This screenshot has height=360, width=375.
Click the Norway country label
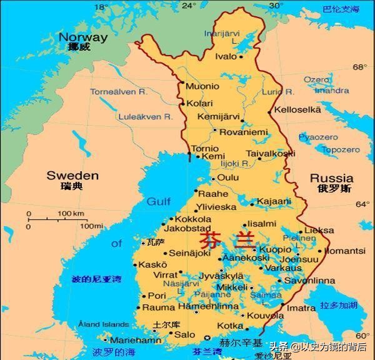coord(82,37)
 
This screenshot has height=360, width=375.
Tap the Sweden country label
coord(72,176)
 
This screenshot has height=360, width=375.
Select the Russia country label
coord(331,178)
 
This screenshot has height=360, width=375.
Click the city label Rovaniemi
coord(243,132)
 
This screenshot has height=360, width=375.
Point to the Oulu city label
coord(228,178)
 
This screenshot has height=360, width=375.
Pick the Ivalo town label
coord(226,57)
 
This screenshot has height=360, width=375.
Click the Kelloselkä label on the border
coord(298,110)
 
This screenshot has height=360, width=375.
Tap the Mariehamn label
coord(135,340)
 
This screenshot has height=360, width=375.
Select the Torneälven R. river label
coord(118,92)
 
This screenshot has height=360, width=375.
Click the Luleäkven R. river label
coord(144,117)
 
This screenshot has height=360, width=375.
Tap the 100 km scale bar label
coord(71,214)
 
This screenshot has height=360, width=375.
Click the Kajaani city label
coord(276,201)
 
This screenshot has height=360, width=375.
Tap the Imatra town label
coord(301,308)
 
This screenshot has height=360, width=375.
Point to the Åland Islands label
coord(103,324)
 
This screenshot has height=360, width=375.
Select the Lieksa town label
coord(320,230)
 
